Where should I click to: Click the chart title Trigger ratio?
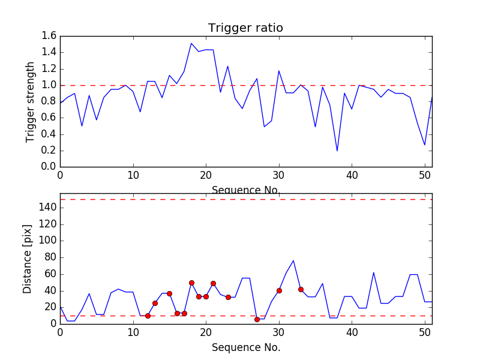(x=245, y=28)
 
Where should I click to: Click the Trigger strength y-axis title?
(x=31, y=101)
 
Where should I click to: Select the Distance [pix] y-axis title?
(x=28, y=259)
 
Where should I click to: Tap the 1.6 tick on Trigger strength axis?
(x=49, y=36)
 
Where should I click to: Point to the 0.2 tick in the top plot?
(x=49, y=151)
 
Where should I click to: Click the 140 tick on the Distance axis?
(x=48, y=208)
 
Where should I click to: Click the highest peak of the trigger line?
(x=191, y=43)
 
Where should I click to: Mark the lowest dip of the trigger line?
(x=337, y=151)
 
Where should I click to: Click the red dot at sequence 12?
(x=148, y=316)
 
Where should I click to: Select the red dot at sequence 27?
(x=257, y=319)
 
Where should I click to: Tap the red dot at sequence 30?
(x=279, y=290)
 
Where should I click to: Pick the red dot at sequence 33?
(x=301, y=289)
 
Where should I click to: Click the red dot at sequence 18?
(x=191, y=283)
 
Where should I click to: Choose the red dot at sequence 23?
(x=228, y=297)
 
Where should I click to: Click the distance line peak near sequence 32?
(x=293, y=260)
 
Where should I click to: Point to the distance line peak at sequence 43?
(x=374, y=272)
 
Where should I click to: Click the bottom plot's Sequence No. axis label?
(x=245, y=347)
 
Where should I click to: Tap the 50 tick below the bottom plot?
(x=425, y=333)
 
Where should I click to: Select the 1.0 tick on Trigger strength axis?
(x=49, y=85)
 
